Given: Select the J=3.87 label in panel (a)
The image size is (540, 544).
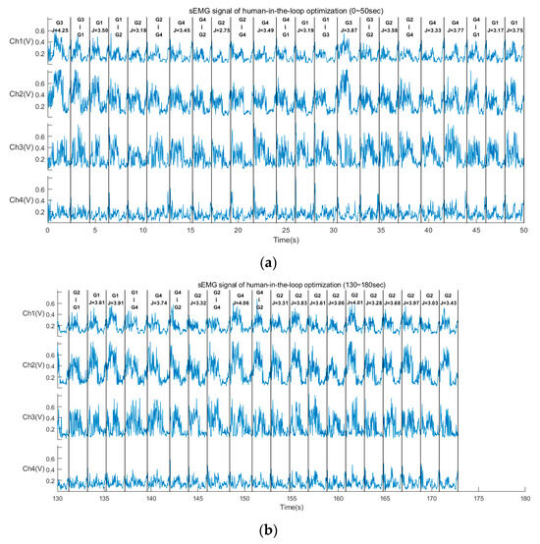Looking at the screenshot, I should click(x=349, y=31).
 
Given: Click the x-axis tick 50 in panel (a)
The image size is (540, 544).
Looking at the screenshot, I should click(x=523, y=230).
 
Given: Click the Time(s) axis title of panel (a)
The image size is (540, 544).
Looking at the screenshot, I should click(x=286, y=239).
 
